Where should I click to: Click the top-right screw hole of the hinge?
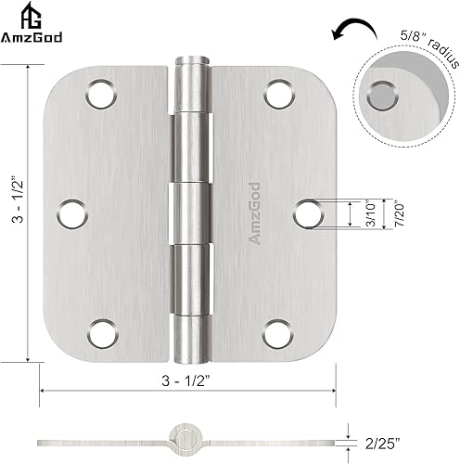276,93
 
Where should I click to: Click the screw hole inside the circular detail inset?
381,93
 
